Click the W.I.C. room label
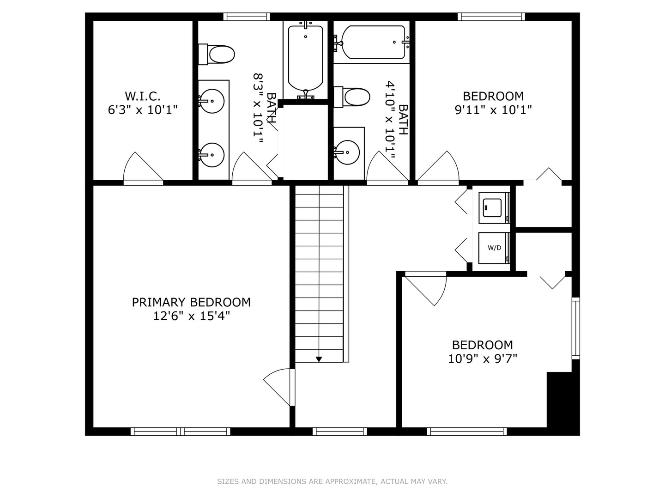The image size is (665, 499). tap(143, 96)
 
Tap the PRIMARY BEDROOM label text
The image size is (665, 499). tap(191, 302)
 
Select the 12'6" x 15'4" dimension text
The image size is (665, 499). tap(191, 316)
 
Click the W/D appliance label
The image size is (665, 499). tap(494, 248)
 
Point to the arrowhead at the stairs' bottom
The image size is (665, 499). tap(319, 359)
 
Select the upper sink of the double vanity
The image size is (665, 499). tap(212, 100)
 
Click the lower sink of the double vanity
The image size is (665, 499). tap(212, 155)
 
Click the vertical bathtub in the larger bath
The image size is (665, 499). tap(305, 59)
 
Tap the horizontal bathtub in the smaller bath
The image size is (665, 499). tap(373, 43)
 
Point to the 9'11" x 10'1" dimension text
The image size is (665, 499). tap(493, 110)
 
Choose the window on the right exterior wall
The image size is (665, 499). tap(575, 328)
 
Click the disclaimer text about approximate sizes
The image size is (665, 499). tap(332, 481)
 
